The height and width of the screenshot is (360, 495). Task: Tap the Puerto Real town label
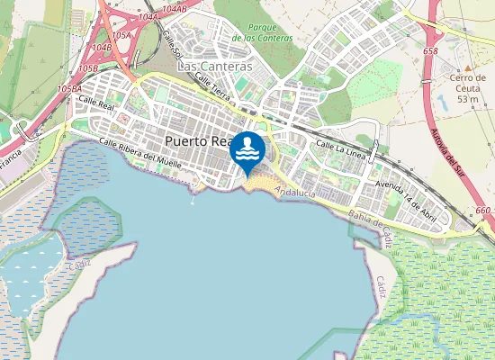(199, 141)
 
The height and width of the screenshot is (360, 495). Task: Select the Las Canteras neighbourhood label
(215, 66)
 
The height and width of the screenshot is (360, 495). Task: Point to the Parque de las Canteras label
(262, 32)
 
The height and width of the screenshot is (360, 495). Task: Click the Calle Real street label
(96, 103)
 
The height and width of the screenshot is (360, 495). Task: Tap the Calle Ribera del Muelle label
(140, 156)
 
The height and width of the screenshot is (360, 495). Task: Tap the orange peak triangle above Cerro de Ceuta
(469, 67)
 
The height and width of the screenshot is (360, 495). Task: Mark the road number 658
(430, 51)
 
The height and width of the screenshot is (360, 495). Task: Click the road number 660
(483, 211)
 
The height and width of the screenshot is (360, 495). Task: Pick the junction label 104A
(148, 16)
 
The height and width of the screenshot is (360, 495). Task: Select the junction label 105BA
(69, 89)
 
